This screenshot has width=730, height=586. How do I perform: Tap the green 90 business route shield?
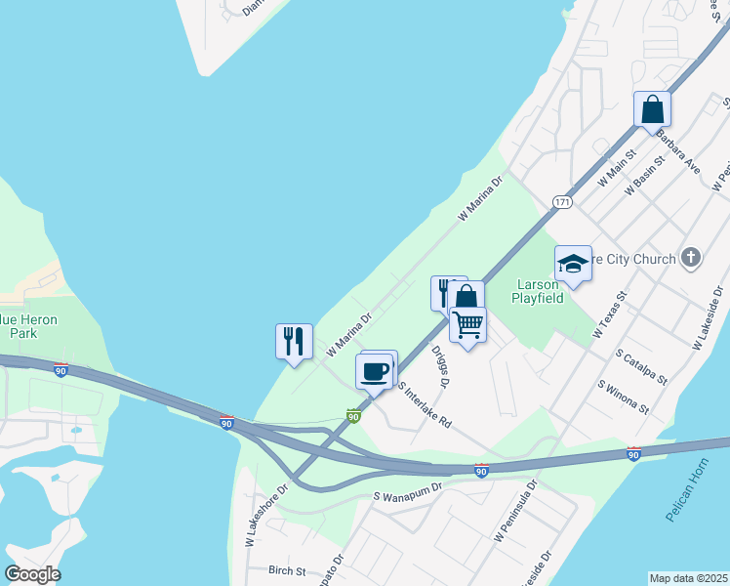(353, 416)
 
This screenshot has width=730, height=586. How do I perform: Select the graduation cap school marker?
(573, 264)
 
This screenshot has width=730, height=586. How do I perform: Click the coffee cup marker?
(376, 370)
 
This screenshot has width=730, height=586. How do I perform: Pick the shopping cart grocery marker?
(468, 323)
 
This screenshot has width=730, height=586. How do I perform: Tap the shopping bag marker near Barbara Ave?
(652, 109)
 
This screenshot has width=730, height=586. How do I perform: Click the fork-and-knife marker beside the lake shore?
(294, 341)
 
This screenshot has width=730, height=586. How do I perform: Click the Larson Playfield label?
(540, 291)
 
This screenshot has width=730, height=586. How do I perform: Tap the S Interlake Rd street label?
(426, 404)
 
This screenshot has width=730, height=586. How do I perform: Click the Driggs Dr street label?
(438, 370)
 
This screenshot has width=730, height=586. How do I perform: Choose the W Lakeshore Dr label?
(267, 513)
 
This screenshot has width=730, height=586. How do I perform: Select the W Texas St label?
(609, 314)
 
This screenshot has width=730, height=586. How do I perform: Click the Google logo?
(32, 574)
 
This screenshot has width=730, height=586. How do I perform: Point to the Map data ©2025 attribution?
(688, 578)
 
